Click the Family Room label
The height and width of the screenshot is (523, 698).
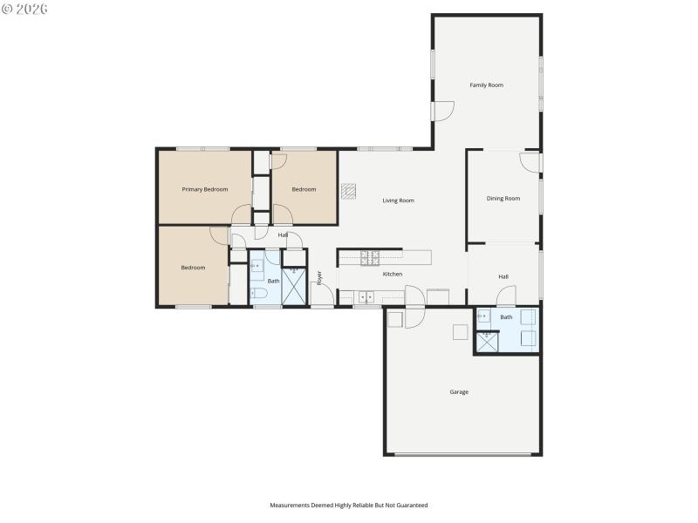486,85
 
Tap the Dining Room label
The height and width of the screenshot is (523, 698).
503,199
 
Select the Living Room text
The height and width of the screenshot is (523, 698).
398,200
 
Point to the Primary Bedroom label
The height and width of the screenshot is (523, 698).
204,189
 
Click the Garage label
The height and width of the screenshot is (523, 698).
459,392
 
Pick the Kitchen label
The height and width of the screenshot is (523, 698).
393,275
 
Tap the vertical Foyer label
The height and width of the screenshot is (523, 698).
319,278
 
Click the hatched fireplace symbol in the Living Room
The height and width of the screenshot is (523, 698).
349,190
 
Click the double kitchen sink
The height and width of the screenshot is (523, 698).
365,296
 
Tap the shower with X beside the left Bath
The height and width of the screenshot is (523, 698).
295,287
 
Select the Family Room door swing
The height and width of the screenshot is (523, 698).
444,112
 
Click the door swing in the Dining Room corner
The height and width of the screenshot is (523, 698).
529,162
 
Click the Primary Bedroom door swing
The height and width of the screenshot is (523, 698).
242,214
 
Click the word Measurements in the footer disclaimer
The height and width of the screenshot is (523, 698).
291,506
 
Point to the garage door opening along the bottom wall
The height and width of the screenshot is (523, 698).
462,454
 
